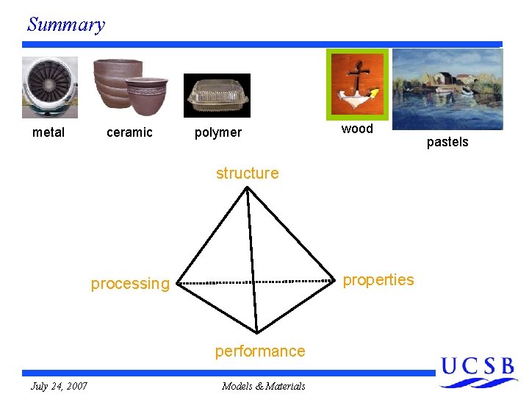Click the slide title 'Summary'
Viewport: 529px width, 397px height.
pyautogui.click(x=66, y=24)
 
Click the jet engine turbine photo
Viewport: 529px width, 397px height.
pyautogui.click(x=49, y=87)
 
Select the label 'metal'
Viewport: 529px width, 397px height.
pyautogui.click(x=48, y=132)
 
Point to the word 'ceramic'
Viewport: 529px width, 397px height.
pyautogui.click(x=129, y=132)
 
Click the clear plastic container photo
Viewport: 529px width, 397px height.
pyautogui.click(x=217, y=96)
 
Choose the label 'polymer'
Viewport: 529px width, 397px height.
pyautogui.click(x=217, y=132)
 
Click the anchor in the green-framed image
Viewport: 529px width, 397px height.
pyautogui.click(x=356, y=82)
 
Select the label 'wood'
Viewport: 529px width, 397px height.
pyautogui.click(x=357, y=129)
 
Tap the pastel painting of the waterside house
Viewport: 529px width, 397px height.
pyautogui.click(x=447, y=88)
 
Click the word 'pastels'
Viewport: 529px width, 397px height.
pyautogui.click(x=447, y=142)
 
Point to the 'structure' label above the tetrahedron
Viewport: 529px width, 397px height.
pyautogui.click(x=247, y=174)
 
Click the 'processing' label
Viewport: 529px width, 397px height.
pyautogui.click(x=130, y=284)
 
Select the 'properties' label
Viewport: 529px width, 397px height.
pyautogui.click(x=378, y=280)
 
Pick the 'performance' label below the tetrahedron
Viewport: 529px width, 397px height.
pyautogui.click(x=259, y=351)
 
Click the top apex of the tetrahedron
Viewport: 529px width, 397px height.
pyautogui.click(x=247, y=187)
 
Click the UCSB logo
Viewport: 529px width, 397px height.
pyautogui.click(x=478, y=371)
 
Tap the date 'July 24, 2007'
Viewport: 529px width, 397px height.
pyautogui.click(x=59, y=386)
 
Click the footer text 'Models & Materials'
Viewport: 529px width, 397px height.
pyautogui.click(x=263, y=386)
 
